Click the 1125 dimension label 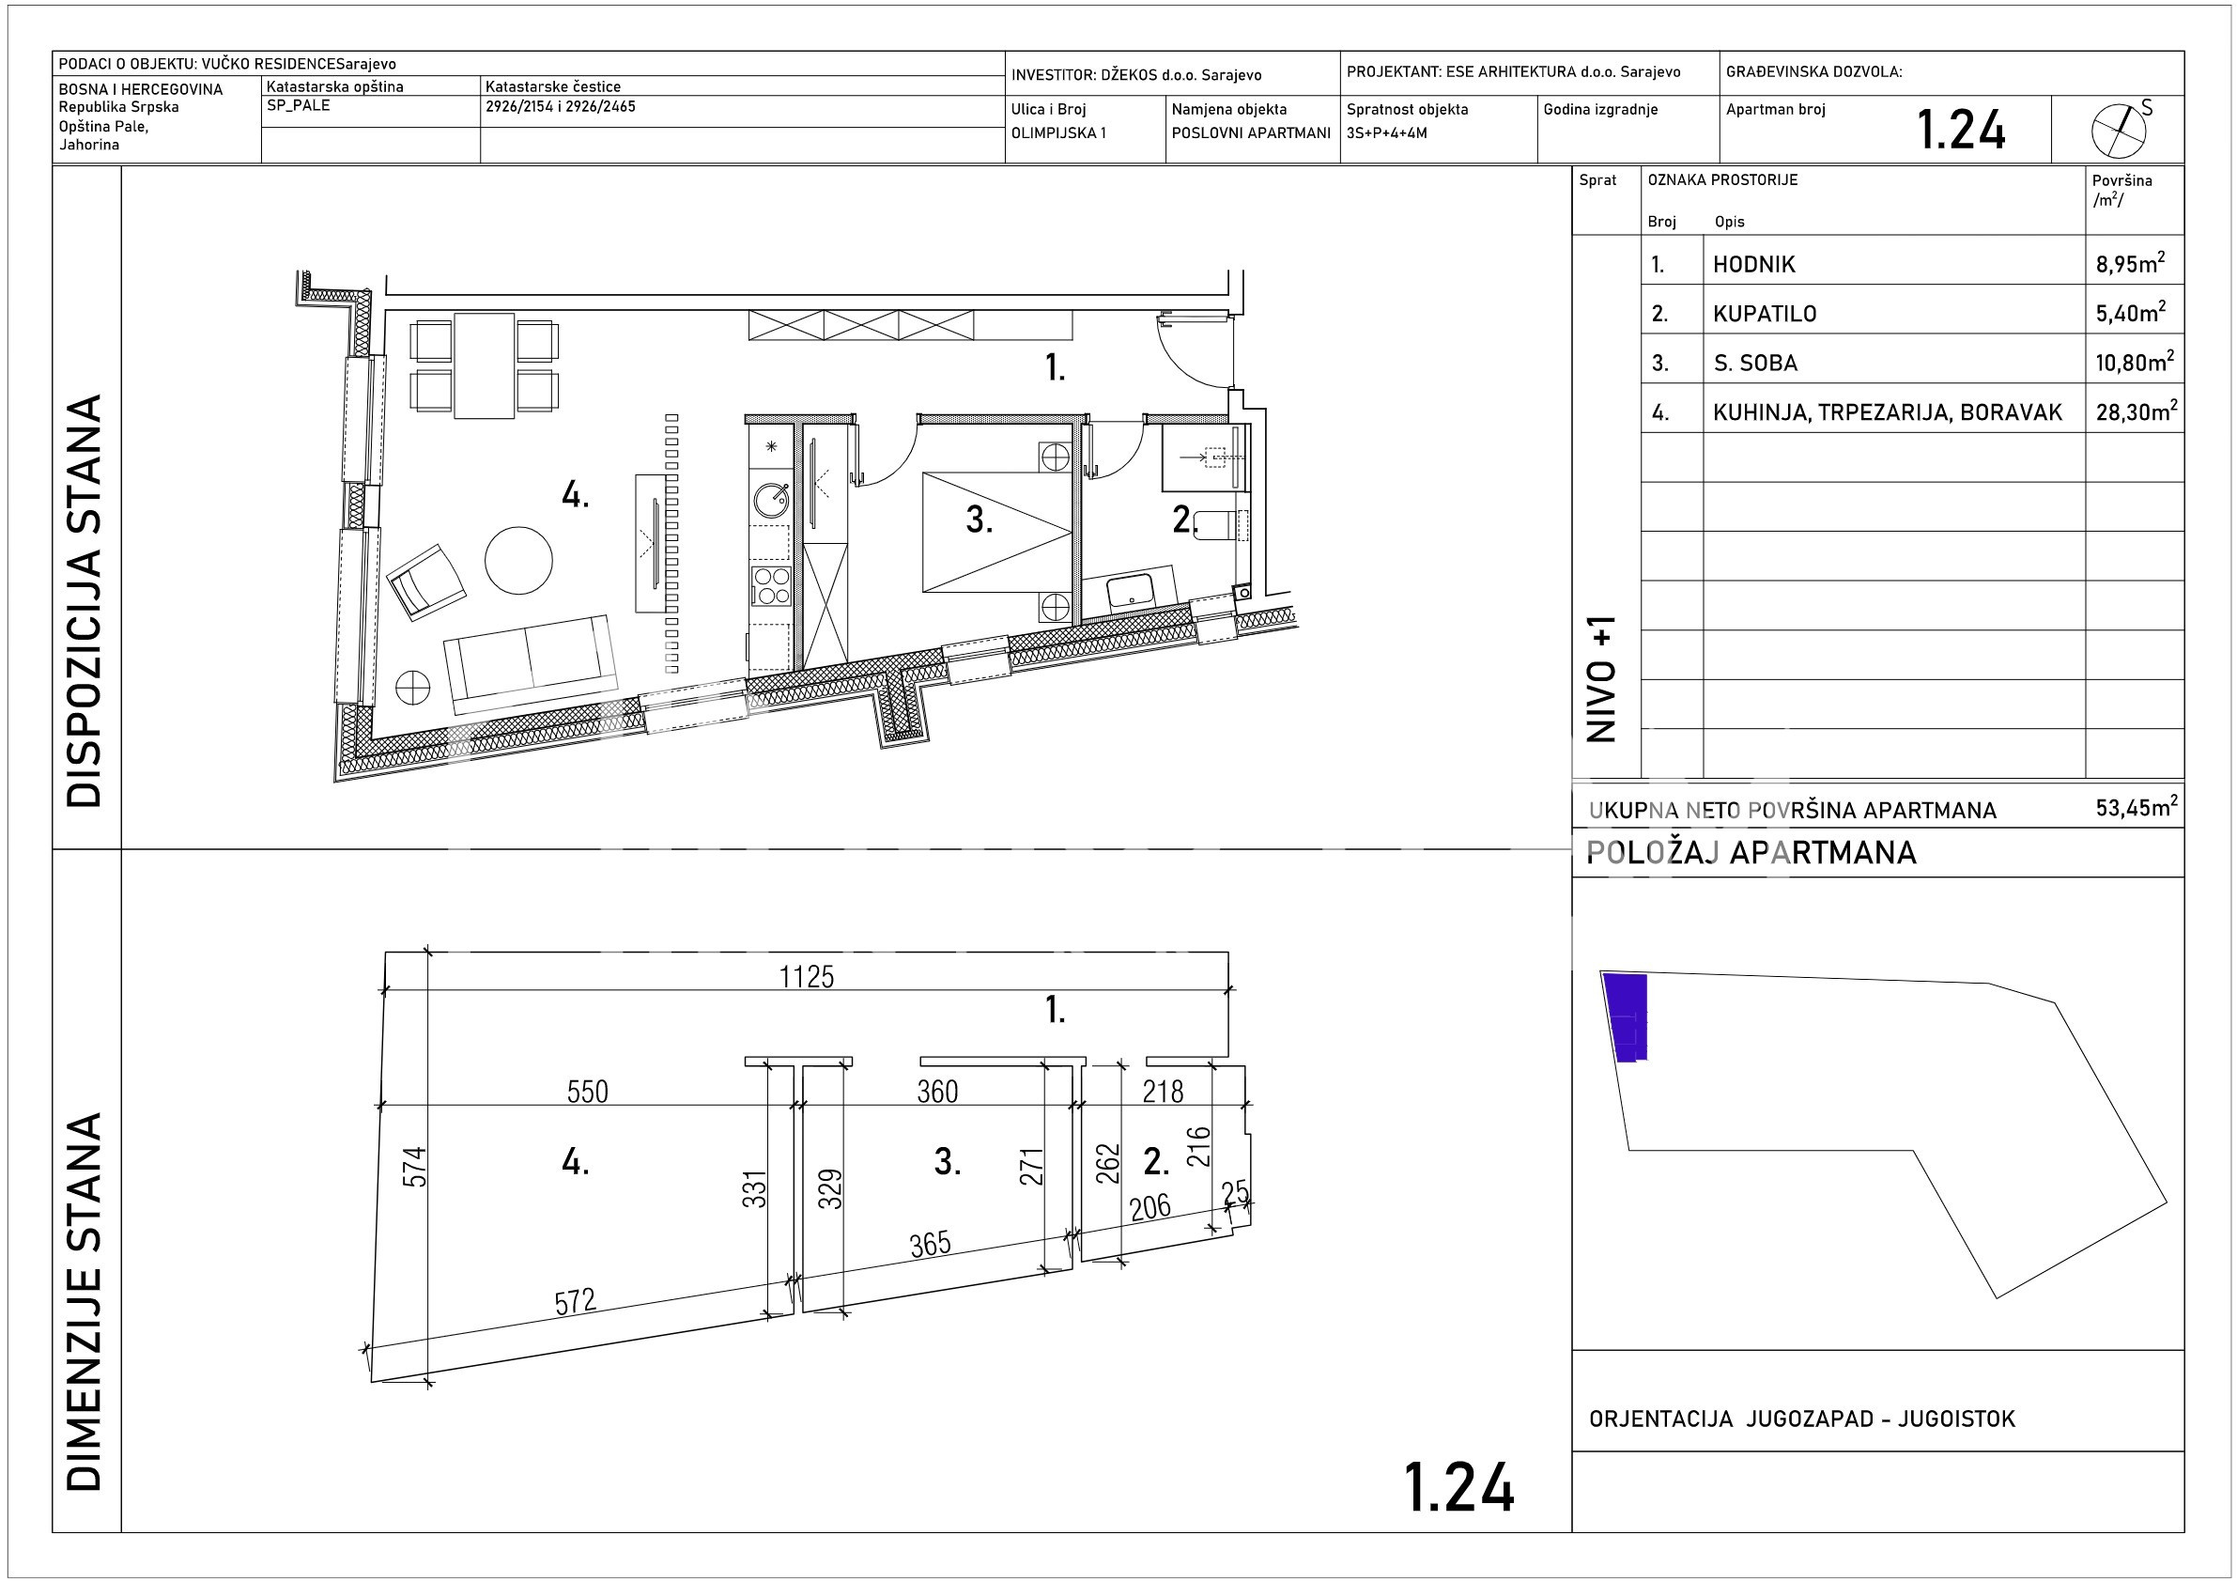[807, 976]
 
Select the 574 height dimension [415, 1167]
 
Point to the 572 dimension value [575, 1300]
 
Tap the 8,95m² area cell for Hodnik [2131, 263]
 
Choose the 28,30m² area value [2135, 411]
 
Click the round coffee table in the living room [519, 561]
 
